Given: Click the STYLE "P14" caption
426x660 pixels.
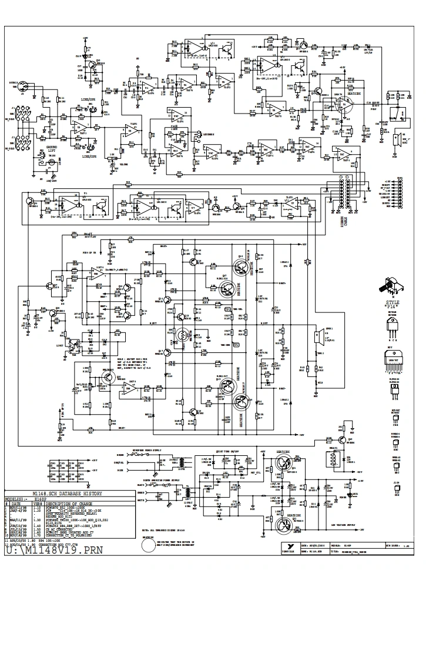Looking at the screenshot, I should pos(392,304).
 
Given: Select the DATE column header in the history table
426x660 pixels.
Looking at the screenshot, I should pos(16,504).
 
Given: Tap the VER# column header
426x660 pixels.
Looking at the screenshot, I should pos(37,504).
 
